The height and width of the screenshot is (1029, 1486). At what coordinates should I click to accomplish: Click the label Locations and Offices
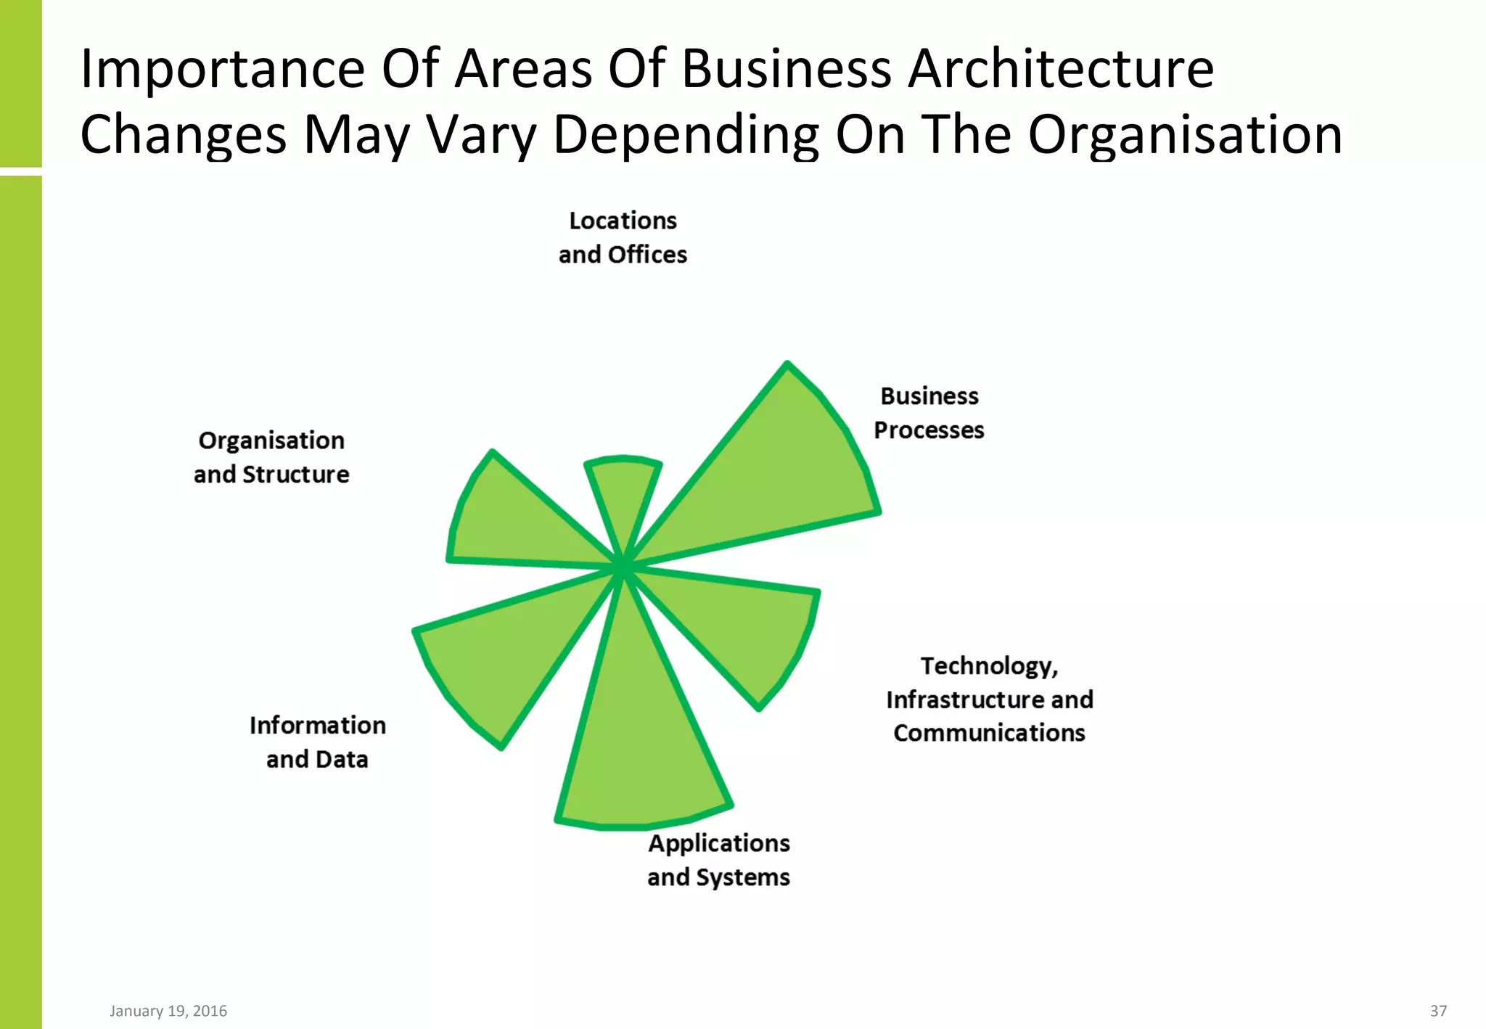click(623, 237)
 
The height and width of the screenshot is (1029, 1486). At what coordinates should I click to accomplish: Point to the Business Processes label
click(929, 413)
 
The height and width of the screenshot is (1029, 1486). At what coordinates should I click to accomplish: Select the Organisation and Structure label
click(271, 457)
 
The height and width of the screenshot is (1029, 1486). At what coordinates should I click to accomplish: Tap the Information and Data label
click(317, 742)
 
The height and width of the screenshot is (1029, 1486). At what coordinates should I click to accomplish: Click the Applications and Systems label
click(718, 860)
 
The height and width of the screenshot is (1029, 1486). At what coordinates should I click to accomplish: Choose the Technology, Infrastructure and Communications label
click(989, 699)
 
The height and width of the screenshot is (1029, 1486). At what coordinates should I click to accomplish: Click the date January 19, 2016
click(168, 1011)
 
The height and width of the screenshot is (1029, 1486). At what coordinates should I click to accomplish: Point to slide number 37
click(1438, 1011)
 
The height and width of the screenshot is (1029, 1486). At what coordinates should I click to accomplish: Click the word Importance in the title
click(222, 69)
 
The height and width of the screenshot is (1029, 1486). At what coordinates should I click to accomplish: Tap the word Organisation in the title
click(1185, 135)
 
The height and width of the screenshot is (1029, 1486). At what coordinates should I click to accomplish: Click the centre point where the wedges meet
click(623, 567)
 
